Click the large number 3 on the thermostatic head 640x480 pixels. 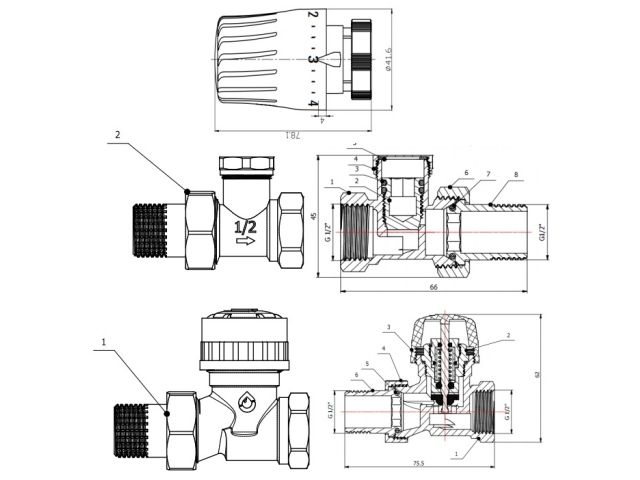[x=313, y=60]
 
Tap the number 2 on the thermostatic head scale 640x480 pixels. [x=313, y=16]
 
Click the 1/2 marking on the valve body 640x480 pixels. [x=244, y=227]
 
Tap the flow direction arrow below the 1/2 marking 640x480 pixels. [x=245, y=241]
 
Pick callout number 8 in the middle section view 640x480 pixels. [x=515, y=176]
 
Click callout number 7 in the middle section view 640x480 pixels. [x=487, y=174]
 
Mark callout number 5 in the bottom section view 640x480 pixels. [x=367, y=364]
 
